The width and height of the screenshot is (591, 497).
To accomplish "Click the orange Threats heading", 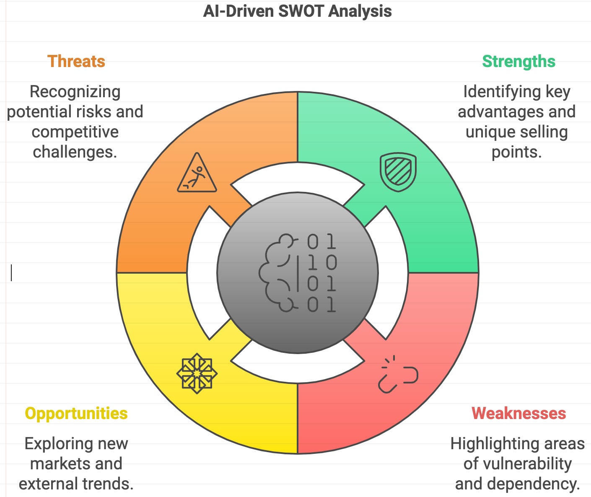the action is click(76, 61).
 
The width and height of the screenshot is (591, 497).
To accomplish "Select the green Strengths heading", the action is click(518, 61).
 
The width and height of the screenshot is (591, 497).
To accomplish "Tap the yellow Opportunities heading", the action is click(76, 413).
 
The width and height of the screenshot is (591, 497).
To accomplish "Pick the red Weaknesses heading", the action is click(518, 413).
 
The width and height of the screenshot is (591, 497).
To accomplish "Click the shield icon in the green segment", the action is click(398, 172).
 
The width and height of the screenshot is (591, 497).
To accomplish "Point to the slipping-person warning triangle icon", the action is click(197, 173).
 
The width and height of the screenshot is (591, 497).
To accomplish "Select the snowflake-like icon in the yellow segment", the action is click(197, 373).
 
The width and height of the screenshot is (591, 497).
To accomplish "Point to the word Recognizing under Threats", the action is click(75, 91).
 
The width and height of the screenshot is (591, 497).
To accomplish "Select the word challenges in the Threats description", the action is click(75, 152).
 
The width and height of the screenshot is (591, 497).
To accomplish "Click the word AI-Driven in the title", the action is click(238, 11).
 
